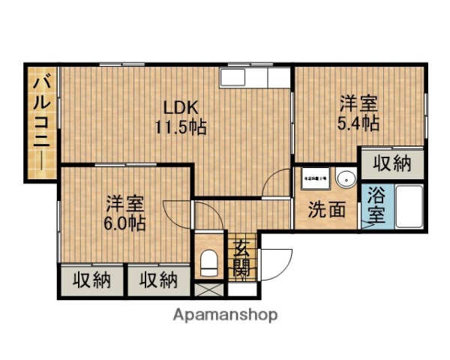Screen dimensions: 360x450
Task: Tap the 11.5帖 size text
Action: point(181,127)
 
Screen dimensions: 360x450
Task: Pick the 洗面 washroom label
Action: point(328,210)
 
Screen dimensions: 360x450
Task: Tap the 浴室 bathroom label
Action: point(376,205)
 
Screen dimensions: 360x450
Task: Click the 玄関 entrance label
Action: point(241,256)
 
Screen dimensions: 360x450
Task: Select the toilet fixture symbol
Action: point(209,263)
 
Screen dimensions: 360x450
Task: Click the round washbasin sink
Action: point(346,179)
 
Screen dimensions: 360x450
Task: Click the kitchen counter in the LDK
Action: point(254,77)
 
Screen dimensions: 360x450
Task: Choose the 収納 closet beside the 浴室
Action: point(391,163)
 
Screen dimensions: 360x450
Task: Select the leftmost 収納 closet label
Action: point(92,280)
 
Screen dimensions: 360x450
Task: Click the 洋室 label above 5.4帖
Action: point(358,103)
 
